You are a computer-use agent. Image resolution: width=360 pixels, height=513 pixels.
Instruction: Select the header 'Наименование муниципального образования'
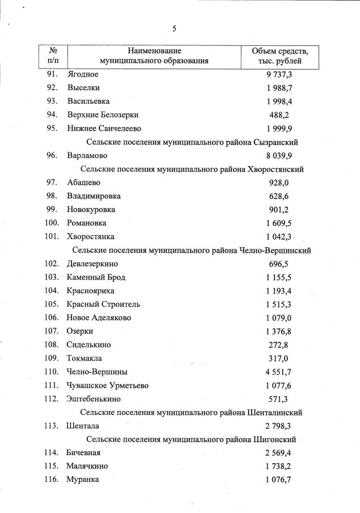coord(154,56)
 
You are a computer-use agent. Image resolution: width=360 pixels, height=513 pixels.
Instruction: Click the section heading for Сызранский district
coord(192,142)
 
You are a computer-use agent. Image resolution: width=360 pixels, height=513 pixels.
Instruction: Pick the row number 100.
coord(51,223)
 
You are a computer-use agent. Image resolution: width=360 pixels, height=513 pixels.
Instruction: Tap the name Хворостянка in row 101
coord(90,236)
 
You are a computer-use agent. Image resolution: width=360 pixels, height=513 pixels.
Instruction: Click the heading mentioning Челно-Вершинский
coord(192,250)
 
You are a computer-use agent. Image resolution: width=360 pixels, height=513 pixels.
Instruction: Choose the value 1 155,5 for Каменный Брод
coord(278,277)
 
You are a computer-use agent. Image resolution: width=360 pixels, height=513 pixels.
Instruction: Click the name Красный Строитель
coord(103,304)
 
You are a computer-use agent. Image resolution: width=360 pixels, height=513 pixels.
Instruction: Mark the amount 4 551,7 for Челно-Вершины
coord(278,372)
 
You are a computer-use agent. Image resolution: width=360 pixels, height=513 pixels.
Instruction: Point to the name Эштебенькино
coord(93,398)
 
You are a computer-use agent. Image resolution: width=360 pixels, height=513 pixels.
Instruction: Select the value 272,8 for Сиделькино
coord(278,345)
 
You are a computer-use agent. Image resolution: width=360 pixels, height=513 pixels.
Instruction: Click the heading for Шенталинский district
coord(192,412)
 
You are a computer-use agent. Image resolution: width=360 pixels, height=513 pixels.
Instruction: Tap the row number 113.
coord(51,426)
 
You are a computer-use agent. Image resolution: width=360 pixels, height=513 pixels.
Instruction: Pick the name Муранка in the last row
coord(83,480)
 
